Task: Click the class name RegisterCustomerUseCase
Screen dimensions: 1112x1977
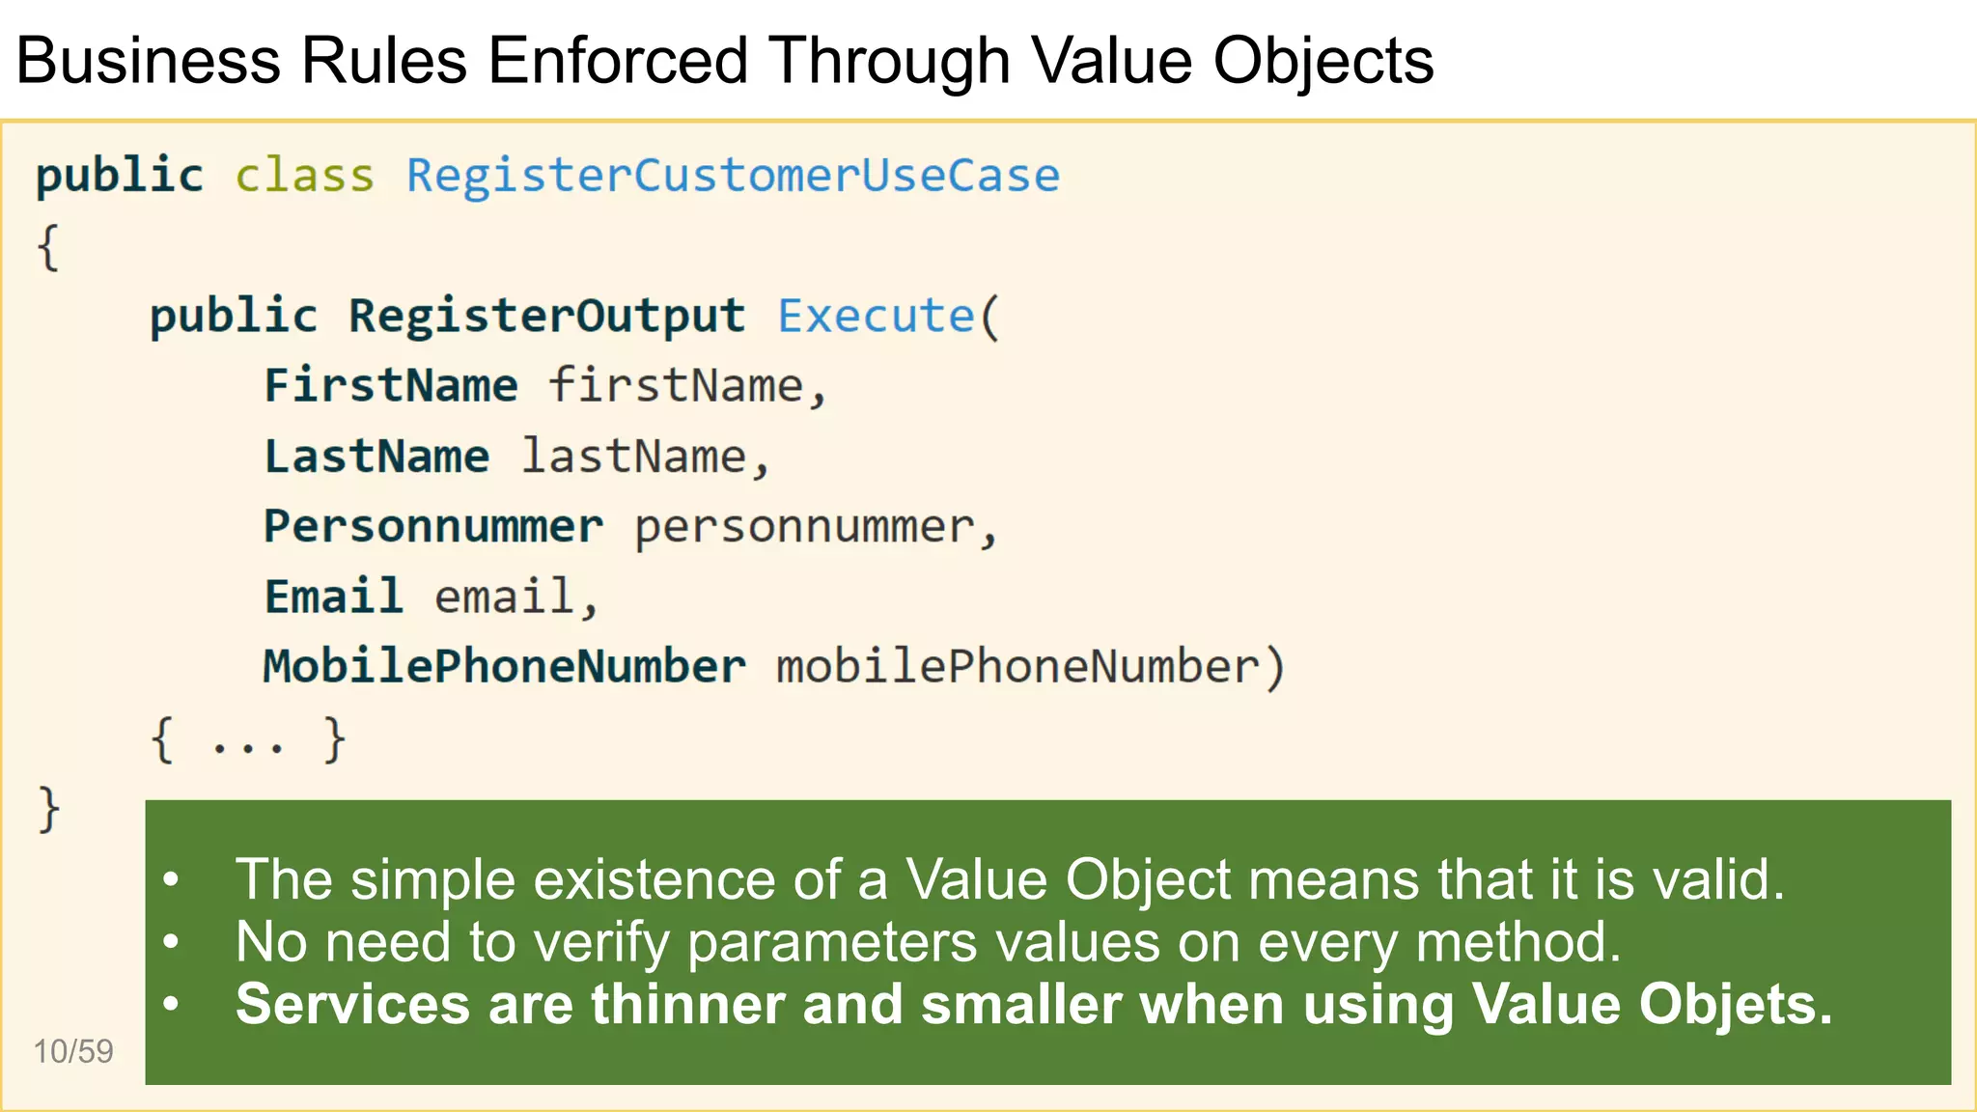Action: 733,176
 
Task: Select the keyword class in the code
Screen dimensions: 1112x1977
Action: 304,176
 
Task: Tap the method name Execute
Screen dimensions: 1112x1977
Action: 876,316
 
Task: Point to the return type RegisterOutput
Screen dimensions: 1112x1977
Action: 546,316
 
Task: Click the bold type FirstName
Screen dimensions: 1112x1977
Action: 391,385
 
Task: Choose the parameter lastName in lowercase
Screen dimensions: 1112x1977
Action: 634,456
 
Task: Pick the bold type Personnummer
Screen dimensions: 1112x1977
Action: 433,526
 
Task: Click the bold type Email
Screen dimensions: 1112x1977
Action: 333,596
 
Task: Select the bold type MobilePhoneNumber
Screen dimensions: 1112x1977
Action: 504,666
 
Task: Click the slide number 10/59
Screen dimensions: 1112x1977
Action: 73,1051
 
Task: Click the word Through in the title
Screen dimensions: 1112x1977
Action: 889,60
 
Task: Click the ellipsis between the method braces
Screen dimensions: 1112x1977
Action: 248,743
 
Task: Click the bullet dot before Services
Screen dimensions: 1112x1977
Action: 172,1004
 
